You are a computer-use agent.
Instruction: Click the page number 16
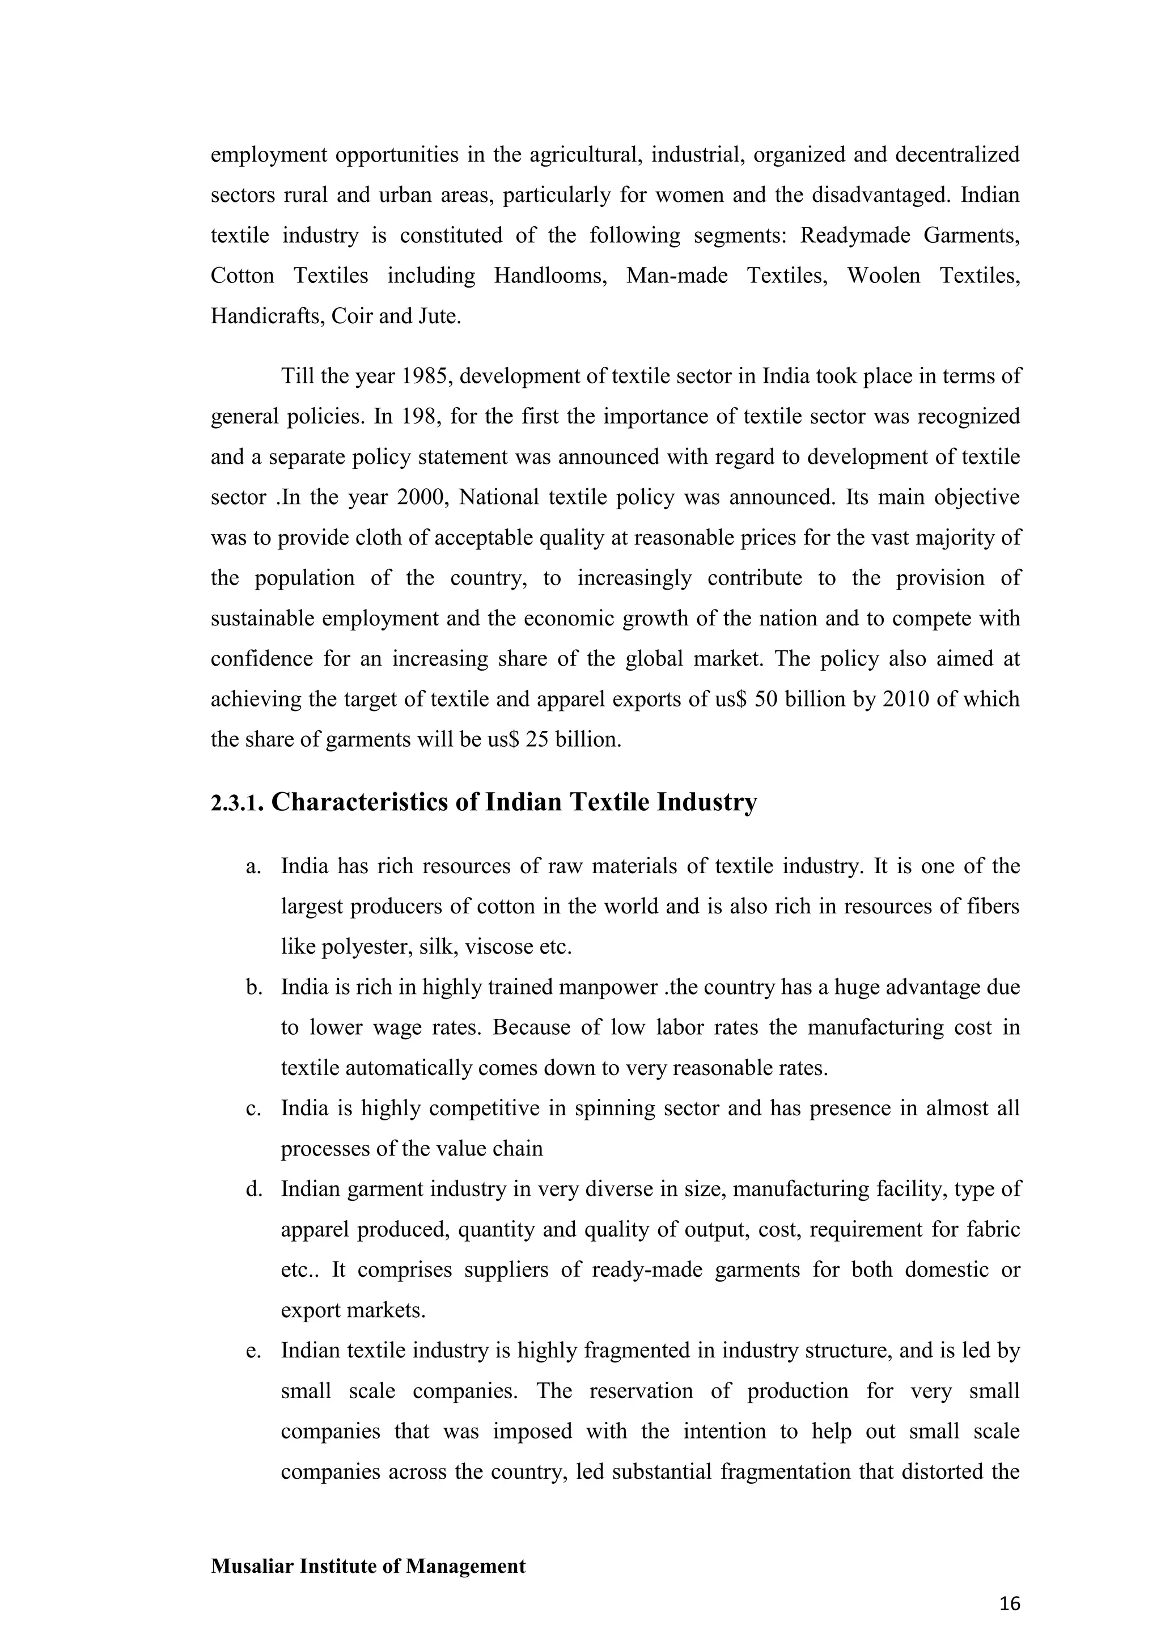[x=1010, y=1604]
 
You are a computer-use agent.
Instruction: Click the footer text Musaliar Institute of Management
[x=367, y=1566]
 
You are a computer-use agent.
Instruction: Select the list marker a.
[x=252, y=867]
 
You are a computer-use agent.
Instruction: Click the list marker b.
[x=252, y=988]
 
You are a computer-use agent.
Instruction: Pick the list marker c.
[x=252, y=1108]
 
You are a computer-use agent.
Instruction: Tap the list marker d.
[x=252, y=1190]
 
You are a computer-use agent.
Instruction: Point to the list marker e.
[x=252, y=1351]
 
